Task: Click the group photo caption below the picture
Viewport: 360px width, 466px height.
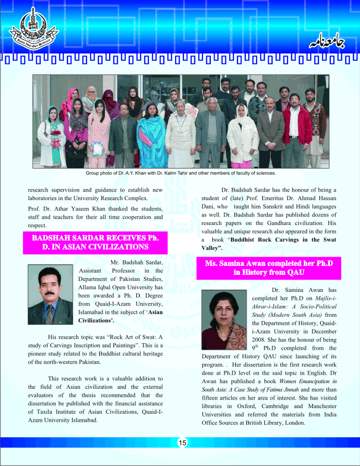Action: click(x=180, y=173)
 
